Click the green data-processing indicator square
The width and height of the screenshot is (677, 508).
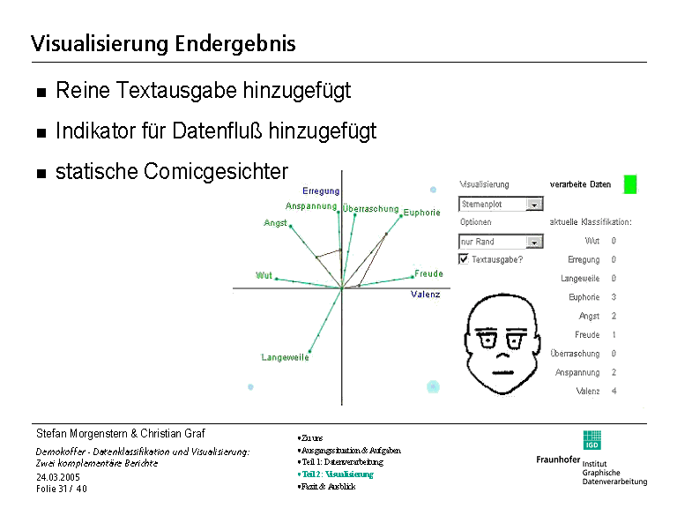click(630, 184)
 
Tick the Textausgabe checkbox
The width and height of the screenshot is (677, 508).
click(464, 259)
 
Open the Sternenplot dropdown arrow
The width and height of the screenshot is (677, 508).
click(534, 204)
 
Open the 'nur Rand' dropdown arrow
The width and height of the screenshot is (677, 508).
click(534, 242)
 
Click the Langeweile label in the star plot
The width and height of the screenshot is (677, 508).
click(285, 357)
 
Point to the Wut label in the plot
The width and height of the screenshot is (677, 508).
click(264, 275)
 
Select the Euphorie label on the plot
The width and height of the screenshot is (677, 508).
click(421, 213)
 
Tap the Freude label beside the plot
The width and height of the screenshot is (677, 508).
click(428, 273)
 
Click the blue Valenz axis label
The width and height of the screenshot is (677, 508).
click(425, 294)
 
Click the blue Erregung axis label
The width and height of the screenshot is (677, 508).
click(321, 190)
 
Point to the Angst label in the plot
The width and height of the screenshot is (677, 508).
click(275, 223)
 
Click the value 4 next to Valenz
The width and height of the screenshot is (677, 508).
click(614, 391)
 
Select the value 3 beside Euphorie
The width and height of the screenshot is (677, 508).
click(614, 297)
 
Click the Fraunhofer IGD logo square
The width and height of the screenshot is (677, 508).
click(592, 440)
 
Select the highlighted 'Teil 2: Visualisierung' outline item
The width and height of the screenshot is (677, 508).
click(337, 474)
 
